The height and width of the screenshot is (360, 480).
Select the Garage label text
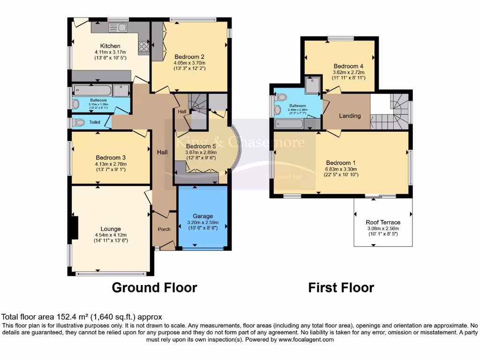[203, 216]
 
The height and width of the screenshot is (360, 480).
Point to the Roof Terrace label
[383, 222]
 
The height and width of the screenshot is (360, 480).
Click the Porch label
[164, 229]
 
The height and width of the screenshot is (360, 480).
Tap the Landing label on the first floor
[350, 116]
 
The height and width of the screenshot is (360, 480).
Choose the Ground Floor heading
[154, 287]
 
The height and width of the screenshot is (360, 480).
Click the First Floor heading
[341, 287]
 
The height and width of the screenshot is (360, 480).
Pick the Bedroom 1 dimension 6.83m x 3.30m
[341, 169]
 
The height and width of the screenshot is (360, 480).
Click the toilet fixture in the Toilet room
[78, 122]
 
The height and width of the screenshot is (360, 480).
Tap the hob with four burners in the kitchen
[143, 46]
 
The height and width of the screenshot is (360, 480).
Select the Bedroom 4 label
[348, 66]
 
